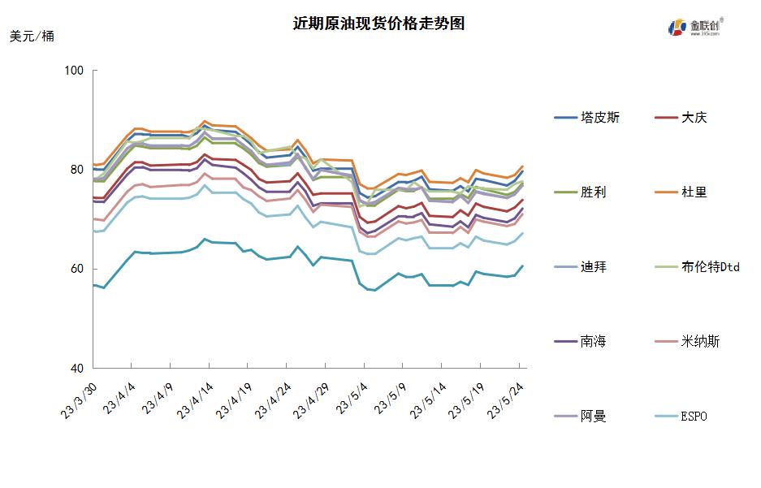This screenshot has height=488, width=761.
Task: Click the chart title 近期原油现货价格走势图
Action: pos(378,24)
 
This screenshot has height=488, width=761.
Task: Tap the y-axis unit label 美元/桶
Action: pos(32,37)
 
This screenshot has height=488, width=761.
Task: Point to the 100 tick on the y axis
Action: pos(75,71)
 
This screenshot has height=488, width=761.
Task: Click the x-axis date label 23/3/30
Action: pos(79,402)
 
